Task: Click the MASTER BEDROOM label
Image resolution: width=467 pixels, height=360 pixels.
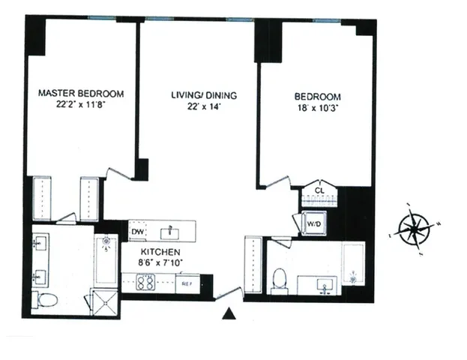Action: point(81,94)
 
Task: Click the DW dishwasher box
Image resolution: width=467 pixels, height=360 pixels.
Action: point(137,232)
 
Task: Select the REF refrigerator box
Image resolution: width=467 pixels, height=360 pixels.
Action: point(184,284)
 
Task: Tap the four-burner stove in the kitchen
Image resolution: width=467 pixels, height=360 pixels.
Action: point(145,283)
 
